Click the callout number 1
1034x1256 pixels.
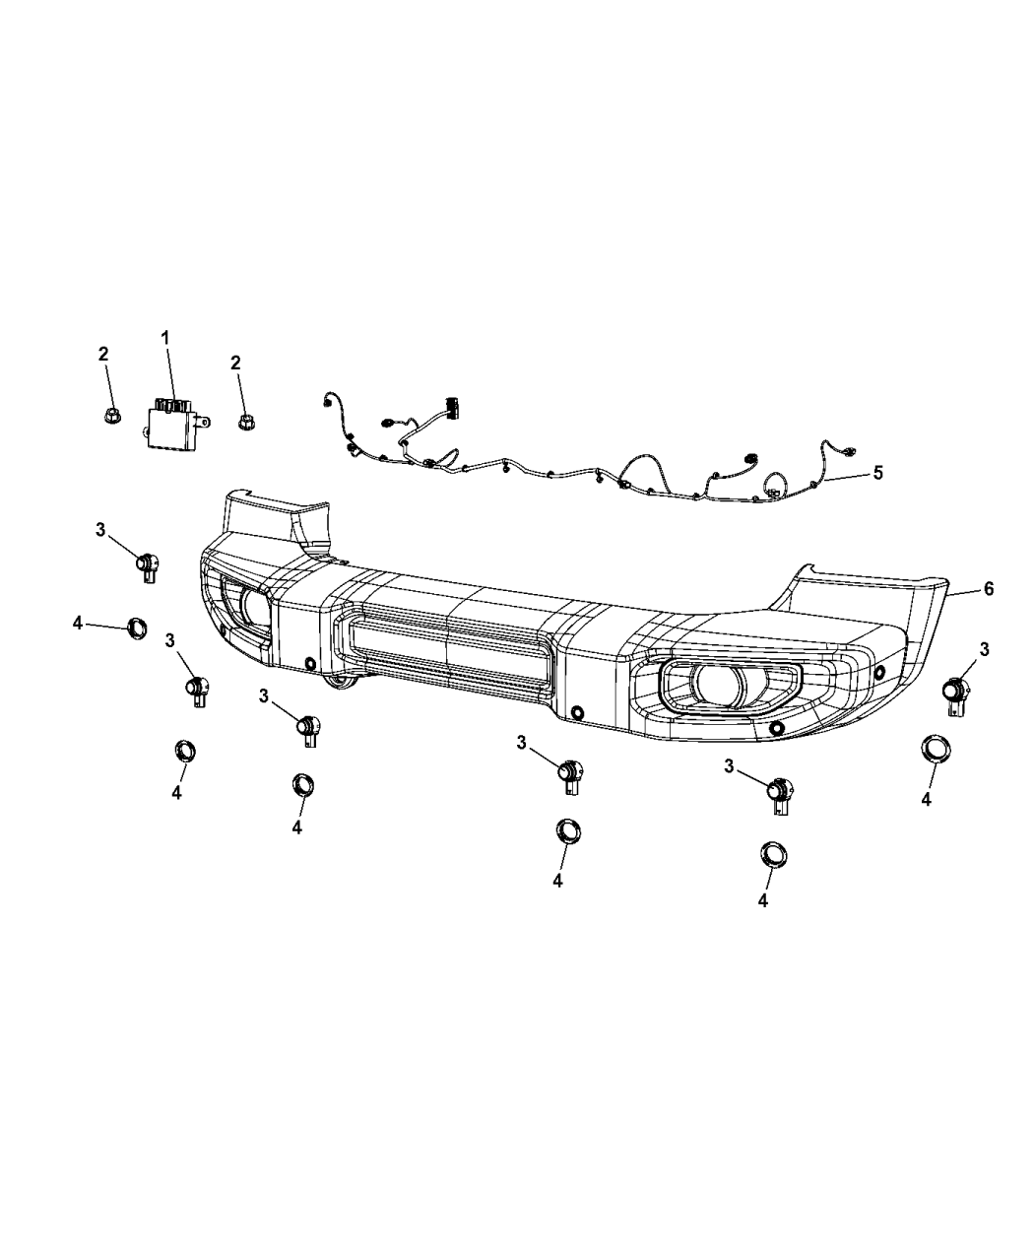coord(165,338)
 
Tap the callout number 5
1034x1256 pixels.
coord(876,473)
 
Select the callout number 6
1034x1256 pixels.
coord(988,589)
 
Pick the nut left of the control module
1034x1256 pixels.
coord(111,416)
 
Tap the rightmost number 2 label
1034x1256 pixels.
coord(235,363)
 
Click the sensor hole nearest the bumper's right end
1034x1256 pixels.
coord(879,673)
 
